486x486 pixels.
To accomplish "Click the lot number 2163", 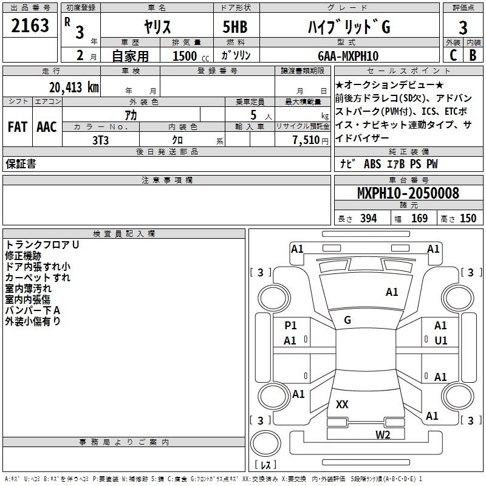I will tap(30, 26).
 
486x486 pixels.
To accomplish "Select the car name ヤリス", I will tap(157, 27).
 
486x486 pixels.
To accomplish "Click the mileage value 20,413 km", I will tap(74, 87).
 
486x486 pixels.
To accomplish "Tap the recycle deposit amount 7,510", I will tap(301, 140).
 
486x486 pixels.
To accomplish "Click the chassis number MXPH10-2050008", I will tap(408, 194).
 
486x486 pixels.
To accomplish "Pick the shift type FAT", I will tap(17, 127).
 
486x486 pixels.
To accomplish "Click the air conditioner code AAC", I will tap(47, 127).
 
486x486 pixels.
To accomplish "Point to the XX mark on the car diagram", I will tap(342, 404).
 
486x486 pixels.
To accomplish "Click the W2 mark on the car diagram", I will tap(382, 434).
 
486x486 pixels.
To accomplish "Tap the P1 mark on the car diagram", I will tap(290, 326).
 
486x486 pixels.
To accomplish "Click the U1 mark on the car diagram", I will tap(440, 340).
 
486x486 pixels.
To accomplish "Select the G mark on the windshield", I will tap(347, 320).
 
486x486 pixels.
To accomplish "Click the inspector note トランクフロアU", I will tap(43, 245).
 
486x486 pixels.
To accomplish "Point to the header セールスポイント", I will tap(408, 71).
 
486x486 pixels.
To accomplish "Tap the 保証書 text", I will tap(21, 164).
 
